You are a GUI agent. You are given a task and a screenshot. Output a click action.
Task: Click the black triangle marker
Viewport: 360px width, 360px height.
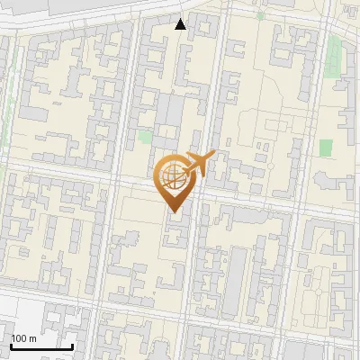(x=181, y=24)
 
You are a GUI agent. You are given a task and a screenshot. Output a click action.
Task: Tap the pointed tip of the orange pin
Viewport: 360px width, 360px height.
(x=174, y=211)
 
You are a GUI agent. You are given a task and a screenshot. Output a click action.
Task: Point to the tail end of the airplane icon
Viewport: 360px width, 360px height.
(x=187, y=171)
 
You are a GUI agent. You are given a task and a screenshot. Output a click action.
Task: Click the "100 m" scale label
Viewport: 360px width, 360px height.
(x=23, y=338)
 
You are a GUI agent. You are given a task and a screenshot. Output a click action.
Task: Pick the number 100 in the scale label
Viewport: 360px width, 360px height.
(x=19, y=338)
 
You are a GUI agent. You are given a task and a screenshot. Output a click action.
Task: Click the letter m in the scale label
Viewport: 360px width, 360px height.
(x=32, y=338)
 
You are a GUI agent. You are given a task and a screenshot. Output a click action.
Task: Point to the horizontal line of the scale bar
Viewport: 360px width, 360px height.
(x=41, y=346)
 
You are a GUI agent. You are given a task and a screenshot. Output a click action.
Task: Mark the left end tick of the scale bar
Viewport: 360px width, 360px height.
(x=11, y=345)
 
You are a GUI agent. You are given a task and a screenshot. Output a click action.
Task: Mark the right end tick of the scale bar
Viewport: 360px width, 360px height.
(x=72, y=345)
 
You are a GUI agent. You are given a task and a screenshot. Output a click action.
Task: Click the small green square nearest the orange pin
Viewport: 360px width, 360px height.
(x=145, y=138)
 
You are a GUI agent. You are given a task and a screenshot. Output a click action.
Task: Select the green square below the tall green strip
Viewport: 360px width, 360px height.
(x=325, y=147)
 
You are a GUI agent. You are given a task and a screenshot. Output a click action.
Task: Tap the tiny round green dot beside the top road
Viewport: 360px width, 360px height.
(x=260, y=16)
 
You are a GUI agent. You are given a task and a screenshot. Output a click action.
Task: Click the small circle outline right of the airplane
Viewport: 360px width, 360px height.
(x=271, y=166)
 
